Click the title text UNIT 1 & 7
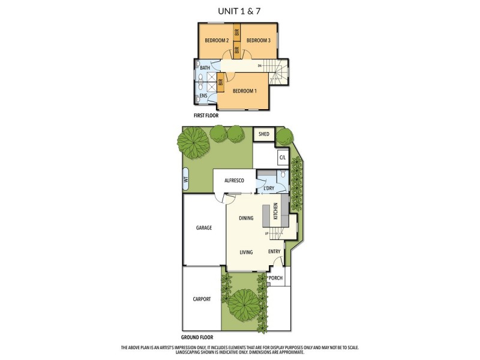pyautogui.click(x=240, y=10)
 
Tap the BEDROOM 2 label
pyautogui.click(x=217, y=40)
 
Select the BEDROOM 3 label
pyautogui.click(x=259, y=40)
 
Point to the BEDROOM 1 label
pyautogui.click(x=245, y=91)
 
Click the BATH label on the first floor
pyautogui.click(x=205, y=68)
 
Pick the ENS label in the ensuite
pyautogui.click(x=203, y=96)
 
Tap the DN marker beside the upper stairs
pyautogui.click(x=260, y=65)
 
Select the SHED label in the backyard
pyautogui.click(x=263, y=134)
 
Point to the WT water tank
pyautogui.click(x=186, y=178)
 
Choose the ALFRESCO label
pyautogui.click(x=233, y=179)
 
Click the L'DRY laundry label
pyautogui.click(x=269, y=189)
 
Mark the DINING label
pyautogui.click(x=246, y=218)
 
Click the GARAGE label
pyautogui.click(x=204, y=228)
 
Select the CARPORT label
pyautogui.click(x=202, y=299)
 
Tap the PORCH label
pyautogui.click(x=275, y=278)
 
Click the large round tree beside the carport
pyautogui.click(x=244, y=302)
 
